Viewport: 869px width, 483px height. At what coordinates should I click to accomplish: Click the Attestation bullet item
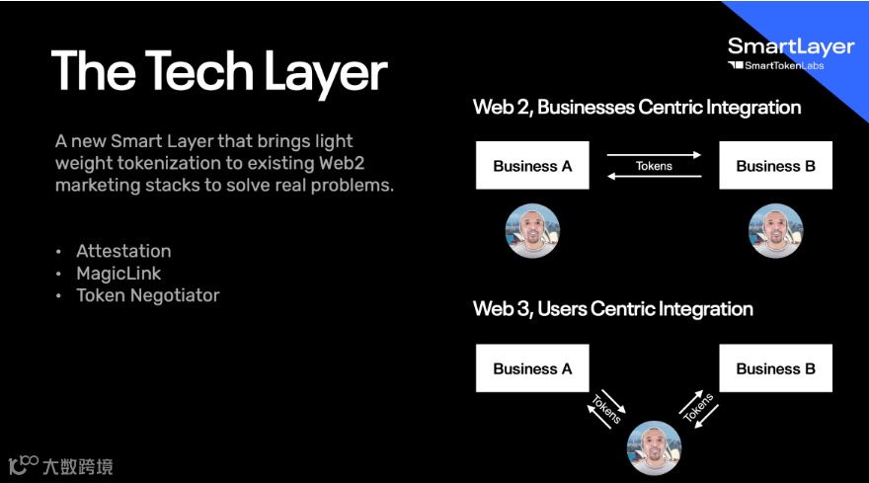pyautogui.click(x=123, y=251)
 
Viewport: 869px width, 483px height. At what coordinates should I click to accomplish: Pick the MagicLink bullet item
pyautogui.click(x=118, y=273)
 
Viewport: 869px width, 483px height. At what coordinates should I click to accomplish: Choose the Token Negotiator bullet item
pyautogui.click(x=148, y=295)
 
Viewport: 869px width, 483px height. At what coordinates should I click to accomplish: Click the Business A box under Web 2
pyautogui.click(x=532, y=166)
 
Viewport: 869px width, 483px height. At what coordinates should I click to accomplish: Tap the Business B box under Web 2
pyautogui.click(x=775, y=166)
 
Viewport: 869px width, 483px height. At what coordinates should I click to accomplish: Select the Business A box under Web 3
pyautogui.click(x=532, y=368)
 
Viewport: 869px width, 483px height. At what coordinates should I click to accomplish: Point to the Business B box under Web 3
pyautogui.click(x=775, y=368)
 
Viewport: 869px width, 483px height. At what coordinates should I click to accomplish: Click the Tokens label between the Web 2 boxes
pyautogui.click(x=654, y=166)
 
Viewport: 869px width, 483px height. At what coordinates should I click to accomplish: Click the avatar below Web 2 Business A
pyautogui.click(x=533, y=230)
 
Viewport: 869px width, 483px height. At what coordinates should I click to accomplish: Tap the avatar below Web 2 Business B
pyautogui.click(x=775, y=230)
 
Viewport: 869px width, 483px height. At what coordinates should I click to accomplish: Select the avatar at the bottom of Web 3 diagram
pyautogui.click(x=654, y=446)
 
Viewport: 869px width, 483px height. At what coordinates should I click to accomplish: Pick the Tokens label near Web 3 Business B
pyautogui.click(x=699, y=406)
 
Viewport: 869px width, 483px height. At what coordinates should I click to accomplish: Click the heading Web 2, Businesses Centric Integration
pyautogui.click(x=637, y=107)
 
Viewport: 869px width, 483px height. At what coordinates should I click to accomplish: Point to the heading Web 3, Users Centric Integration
pyautogui.click(x=613, y=309)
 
